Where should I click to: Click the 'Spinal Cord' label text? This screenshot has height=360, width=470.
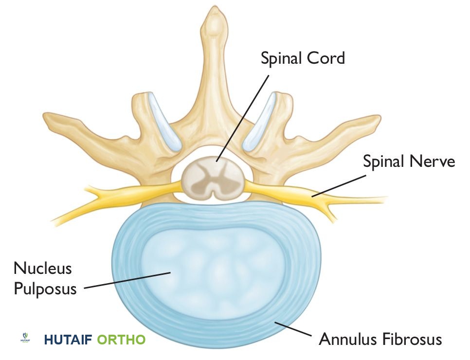click(302, 58)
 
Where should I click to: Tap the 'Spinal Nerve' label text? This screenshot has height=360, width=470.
click(409, 161)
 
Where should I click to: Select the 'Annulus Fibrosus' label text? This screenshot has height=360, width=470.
click(380, 339)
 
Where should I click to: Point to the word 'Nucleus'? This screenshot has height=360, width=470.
click(43, 268)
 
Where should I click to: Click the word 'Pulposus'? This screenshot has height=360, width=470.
click(45, 288)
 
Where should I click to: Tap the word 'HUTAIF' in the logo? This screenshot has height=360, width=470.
click(68, 339)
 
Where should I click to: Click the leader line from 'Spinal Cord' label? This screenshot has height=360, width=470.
click(243, 117)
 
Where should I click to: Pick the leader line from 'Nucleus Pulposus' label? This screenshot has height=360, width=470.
click(127, 281)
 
